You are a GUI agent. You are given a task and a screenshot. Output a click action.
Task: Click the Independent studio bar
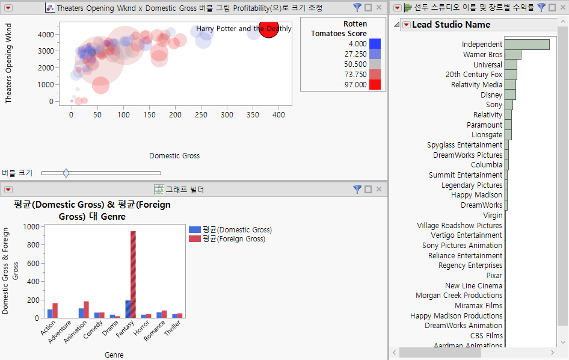pos(526,45)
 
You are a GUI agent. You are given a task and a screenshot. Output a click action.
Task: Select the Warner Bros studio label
pos(482,55)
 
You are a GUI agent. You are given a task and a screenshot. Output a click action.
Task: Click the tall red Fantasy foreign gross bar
pos(133,275)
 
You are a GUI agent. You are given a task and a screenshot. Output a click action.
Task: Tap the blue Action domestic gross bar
pos(50,314)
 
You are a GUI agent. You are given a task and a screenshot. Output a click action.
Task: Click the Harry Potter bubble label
pos(244,28)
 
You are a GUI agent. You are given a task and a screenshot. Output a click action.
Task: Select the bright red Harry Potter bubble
pos(268,28)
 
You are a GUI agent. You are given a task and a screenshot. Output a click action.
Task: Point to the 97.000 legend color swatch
pos(375,85)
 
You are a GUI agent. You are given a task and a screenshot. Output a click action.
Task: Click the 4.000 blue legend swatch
pos(375,44)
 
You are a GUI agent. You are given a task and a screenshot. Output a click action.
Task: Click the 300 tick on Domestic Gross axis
pos(227,114)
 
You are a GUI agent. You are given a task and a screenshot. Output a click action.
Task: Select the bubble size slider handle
pos(66,173)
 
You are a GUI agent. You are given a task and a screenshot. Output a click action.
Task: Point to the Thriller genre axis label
pos(173,328)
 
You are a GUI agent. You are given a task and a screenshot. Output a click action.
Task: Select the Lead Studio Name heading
pos(451,25)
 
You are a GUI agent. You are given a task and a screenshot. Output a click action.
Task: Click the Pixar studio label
pos(494,276)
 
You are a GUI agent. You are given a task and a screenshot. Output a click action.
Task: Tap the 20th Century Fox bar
pos(510,75)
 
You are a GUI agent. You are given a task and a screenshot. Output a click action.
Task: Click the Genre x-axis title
pos(114,355)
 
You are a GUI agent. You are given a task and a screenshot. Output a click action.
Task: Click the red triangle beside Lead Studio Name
pos(406,25)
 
